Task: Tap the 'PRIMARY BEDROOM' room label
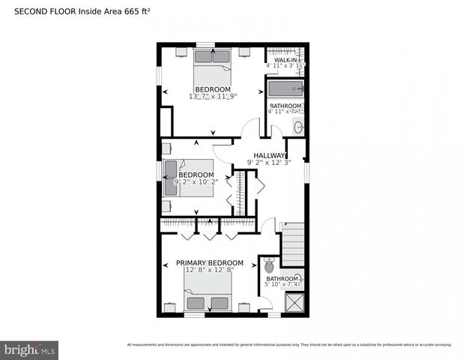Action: pyautogui.click(x=209, y=262)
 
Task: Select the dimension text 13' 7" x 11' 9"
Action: pyautogui.click(x=213, y=97)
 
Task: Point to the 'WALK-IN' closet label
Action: pyautogui.click(x=285, y=59)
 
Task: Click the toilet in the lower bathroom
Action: pyautogui.click(x=269, y=265)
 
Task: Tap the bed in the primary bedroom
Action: pyautogui.click(x=208, y=295)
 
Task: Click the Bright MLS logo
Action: pyautogui.click(x=29, y=349)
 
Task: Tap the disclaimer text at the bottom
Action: pyautogui.click(x=289, y=345)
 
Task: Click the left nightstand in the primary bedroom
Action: pyautogui.click(x=172, y=307)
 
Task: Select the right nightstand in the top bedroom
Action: pyautogui.click(x=245, y=52)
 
